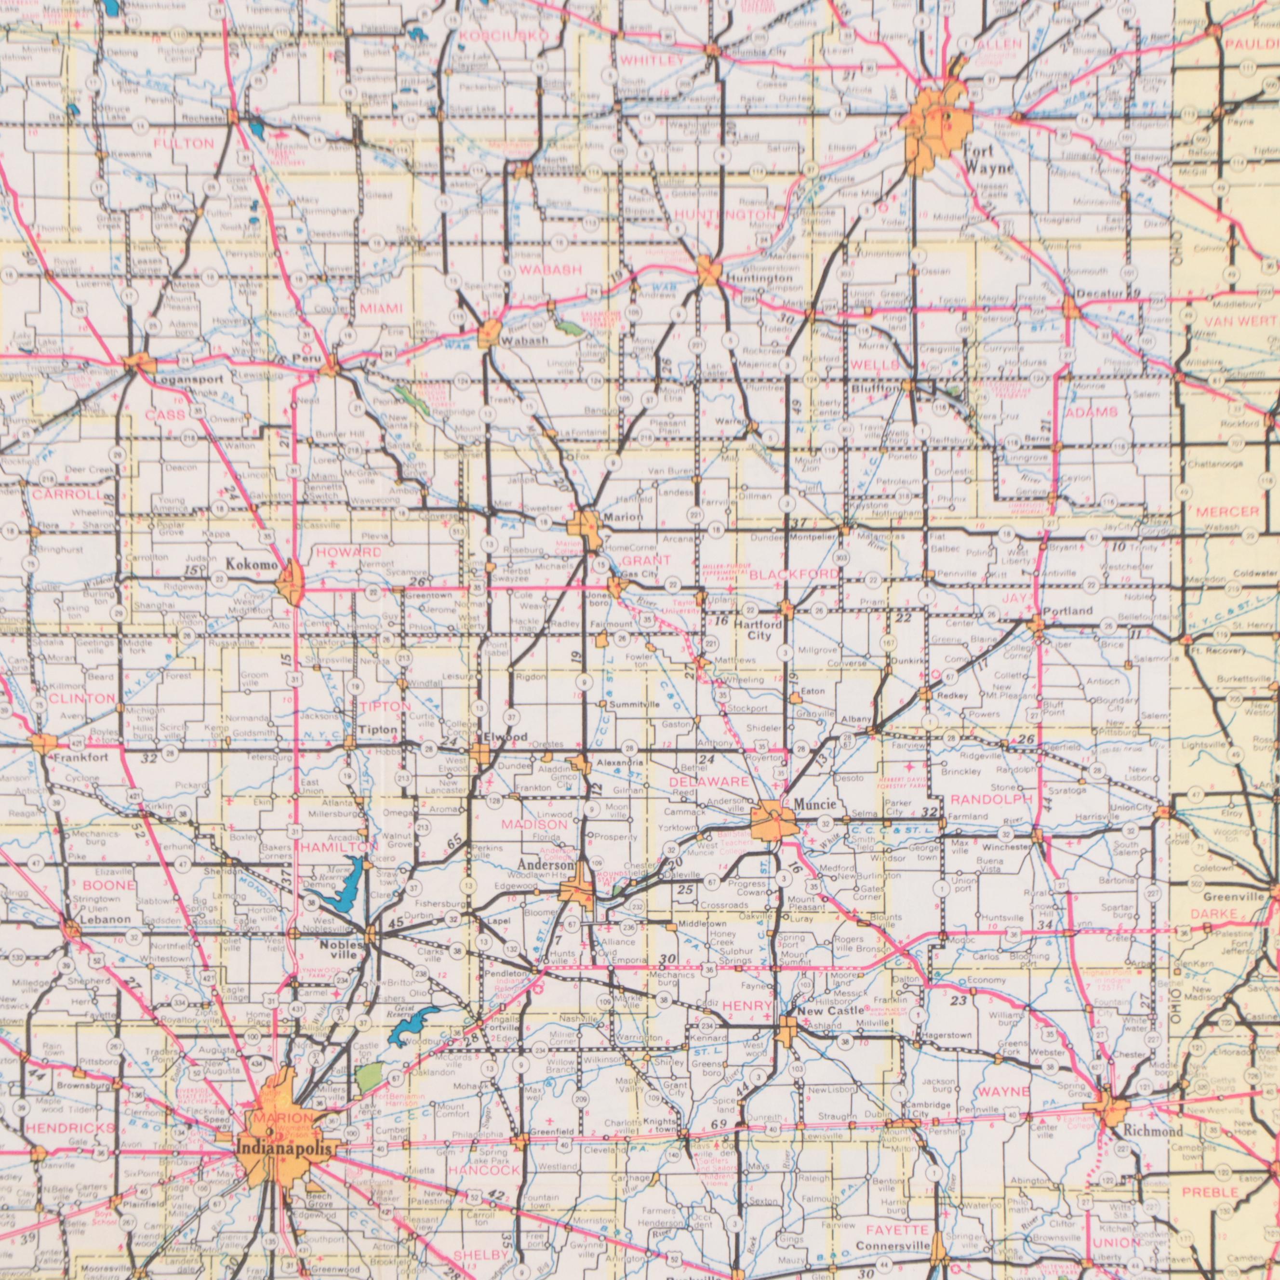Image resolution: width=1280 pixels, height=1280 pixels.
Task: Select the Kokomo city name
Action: point(251,564)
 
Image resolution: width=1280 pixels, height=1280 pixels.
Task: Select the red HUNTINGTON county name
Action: point(725,215)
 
